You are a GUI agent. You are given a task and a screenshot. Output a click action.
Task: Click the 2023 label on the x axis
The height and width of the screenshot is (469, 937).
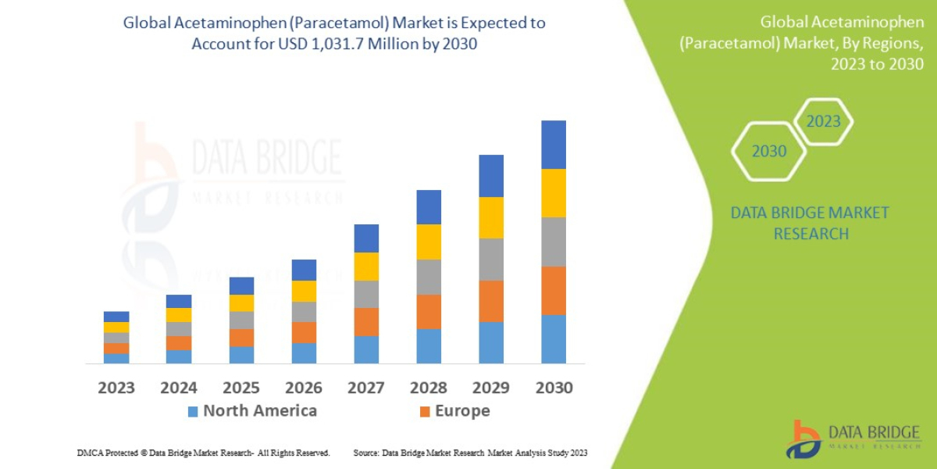[x=116, y=388]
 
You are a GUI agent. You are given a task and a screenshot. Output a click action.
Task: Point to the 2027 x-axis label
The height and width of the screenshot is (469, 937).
[x=366, y=388]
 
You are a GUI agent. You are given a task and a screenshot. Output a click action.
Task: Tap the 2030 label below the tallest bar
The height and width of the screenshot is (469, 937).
[x=554, y=388]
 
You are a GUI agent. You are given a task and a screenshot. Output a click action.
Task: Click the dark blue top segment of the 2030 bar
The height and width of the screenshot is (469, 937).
[x=554, y=145]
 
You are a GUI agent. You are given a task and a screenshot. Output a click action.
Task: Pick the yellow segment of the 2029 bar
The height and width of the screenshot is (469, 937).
[x=491, y=217]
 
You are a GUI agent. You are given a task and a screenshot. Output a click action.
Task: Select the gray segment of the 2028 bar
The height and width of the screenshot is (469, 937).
[x=429, y=277]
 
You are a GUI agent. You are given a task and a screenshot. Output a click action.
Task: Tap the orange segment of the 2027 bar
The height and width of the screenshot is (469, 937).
[x=366, y=322]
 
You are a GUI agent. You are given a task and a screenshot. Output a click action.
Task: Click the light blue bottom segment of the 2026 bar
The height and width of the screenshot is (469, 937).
[x=304, y=353]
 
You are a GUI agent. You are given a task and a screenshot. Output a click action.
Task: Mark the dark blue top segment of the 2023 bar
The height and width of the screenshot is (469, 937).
[x=116, y=317]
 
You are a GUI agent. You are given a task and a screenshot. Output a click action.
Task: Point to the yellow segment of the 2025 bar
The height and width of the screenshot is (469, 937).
[x=241, y=303]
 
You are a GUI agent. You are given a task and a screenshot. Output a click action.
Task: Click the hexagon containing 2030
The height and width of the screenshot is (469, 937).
[x=768, y=152]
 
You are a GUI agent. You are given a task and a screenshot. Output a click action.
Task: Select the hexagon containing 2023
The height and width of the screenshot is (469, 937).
[x=823, y=121]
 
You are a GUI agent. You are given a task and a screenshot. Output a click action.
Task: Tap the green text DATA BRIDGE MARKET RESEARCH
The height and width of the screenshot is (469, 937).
[x=811, y=223]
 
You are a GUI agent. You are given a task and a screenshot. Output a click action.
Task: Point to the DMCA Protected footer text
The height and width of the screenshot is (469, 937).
[x=203, y=453]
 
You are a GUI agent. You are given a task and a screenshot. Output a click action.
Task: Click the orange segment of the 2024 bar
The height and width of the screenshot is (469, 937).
[x=179, y=342]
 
